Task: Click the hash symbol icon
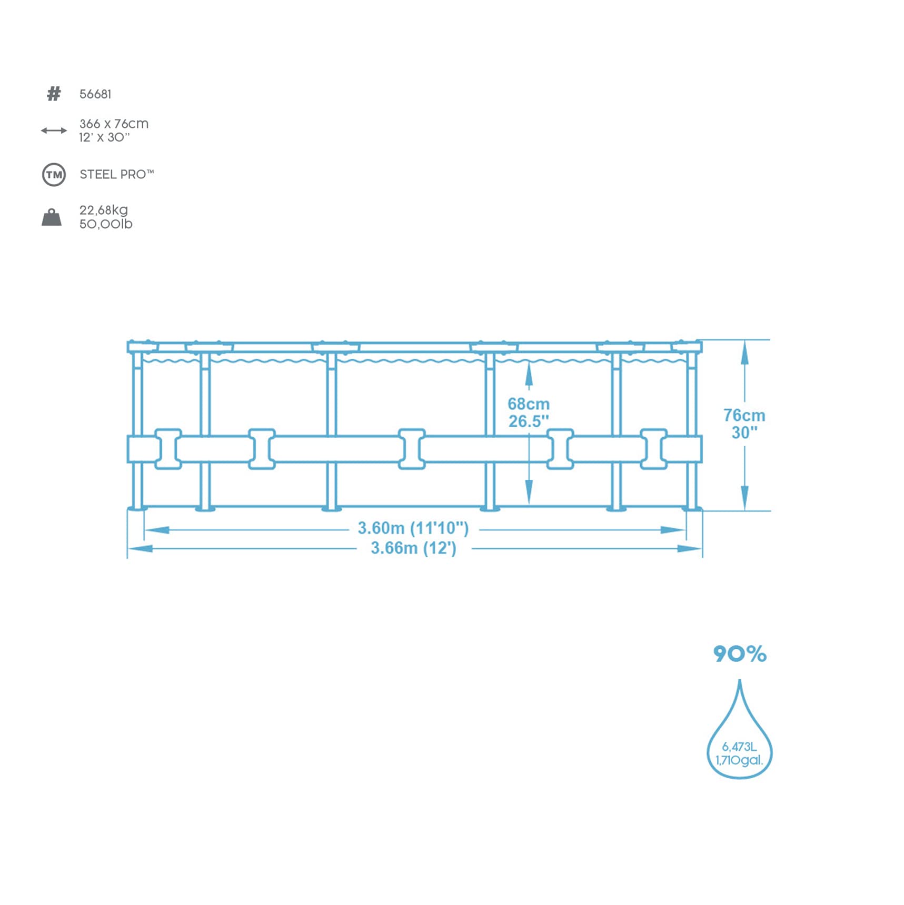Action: (54, 94)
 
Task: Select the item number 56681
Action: (95, 94)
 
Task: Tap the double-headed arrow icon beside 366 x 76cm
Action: (54, 130)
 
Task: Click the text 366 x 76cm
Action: (114, 124)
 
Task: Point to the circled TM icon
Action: (54, 175)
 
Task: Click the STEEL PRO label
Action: (116, 174)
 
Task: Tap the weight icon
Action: (52, 217)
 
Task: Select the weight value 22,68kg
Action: (104, 210)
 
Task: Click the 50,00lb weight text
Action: (106, 224)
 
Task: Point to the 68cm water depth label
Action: (529, 404)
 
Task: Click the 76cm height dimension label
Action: (744, 415)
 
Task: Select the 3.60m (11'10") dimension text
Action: (413, 528)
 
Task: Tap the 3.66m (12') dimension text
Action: (413, 548)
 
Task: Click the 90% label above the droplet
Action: (740, 654)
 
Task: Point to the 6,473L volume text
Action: (739, 747)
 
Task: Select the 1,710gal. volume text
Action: (739, 760)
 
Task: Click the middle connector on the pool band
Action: (412, 449)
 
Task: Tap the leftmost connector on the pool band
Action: (168, 449)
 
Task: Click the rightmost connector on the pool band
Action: (654, 449)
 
